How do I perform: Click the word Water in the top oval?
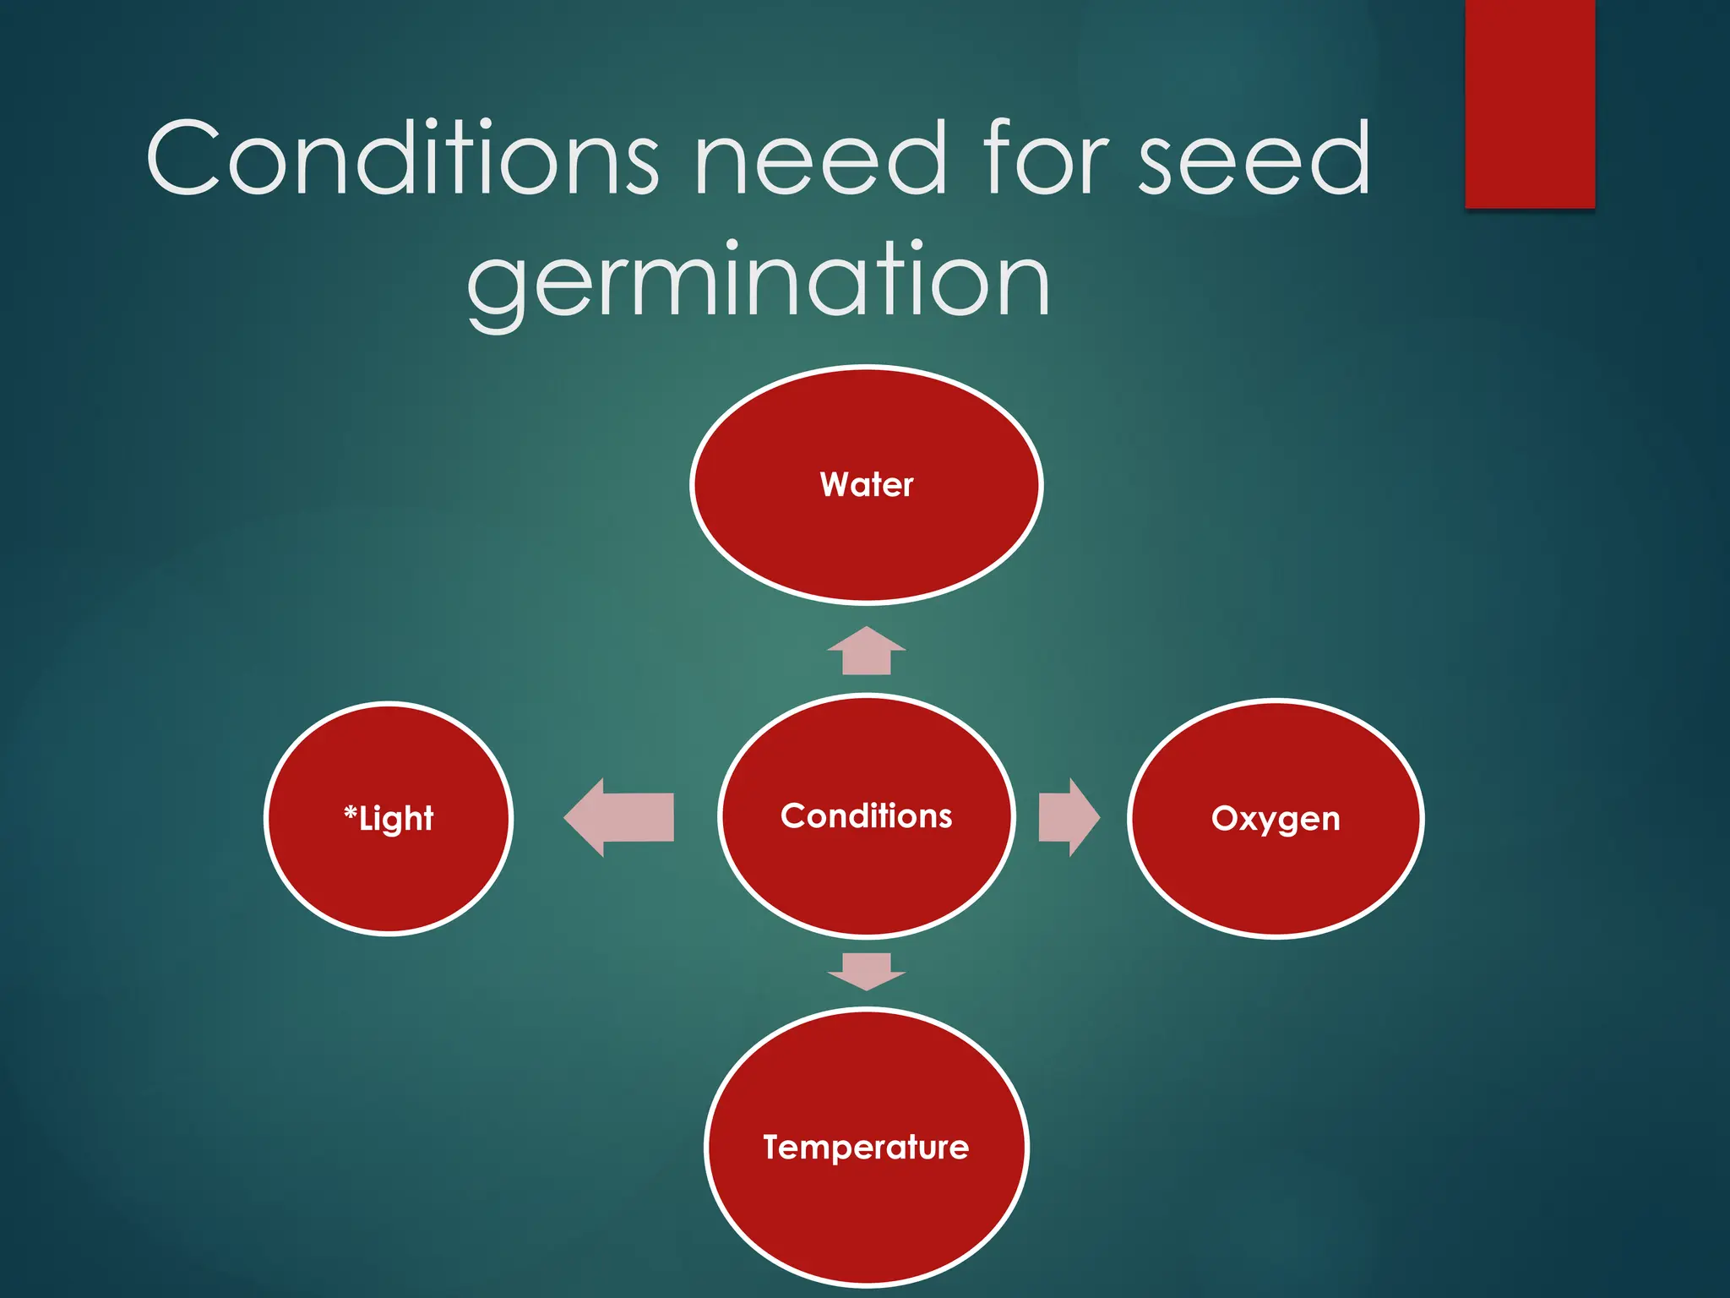point(866,485)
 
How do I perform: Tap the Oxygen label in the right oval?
point(1276,819)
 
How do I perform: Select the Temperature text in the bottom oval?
point(866,1148)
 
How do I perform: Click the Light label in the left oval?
point(395,819)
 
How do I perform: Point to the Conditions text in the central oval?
point(866,816)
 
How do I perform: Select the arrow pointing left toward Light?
point(621,817)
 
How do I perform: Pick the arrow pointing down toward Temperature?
point(866,970)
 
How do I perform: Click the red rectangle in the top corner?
point(1529,103)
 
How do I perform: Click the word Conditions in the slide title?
point(402,158)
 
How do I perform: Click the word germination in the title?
point(758,281)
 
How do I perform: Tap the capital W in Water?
point(835,485)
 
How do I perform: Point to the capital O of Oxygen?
point(1223,818)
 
